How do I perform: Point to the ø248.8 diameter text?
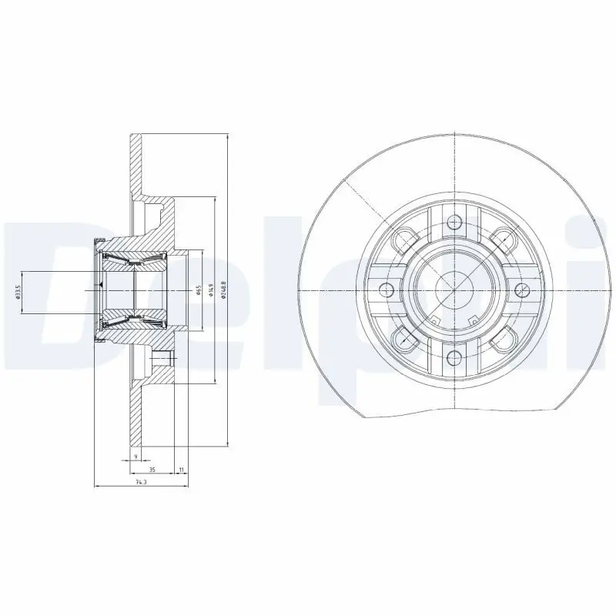(223, 290)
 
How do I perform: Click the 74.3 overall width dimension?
(140, 482)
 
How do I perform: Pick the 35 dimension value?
(152, 469)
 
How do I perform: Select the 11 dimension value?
(181, 469)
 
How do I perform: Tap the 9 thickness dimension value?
(136, 457)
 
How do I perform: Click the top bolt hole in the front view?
(454, 223)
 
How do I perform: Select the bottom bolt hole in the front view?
(454, 356)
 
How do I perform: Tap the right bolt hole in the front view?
(521, 290)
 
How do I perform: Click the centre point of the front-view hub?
(454, 290)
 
